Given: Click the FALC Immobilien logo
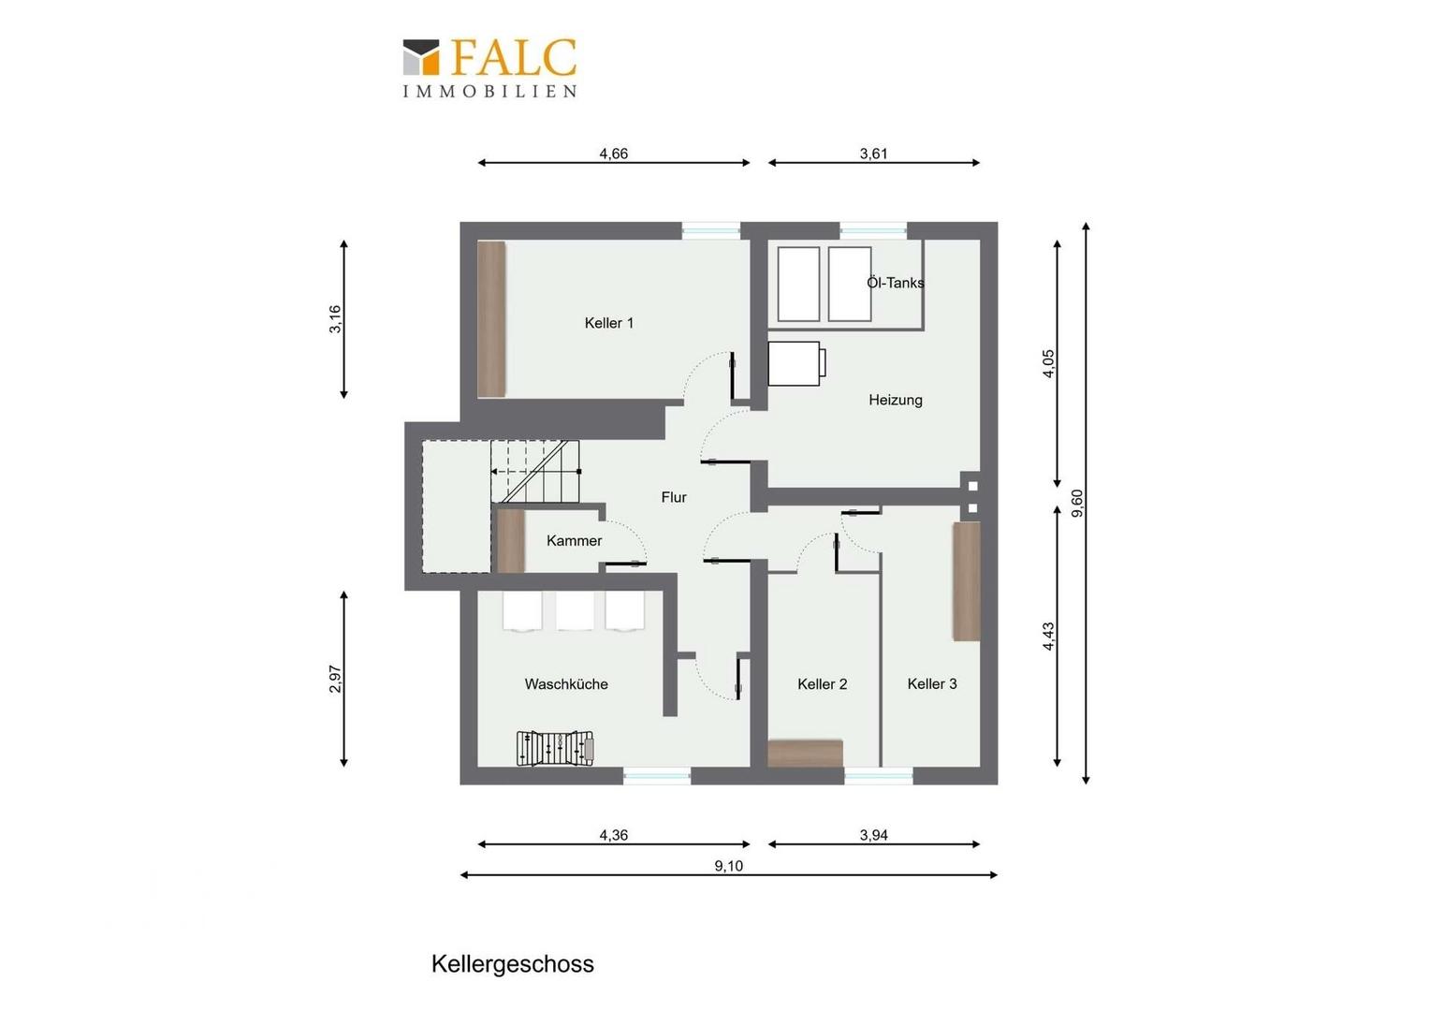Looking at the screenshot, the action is [489, 68].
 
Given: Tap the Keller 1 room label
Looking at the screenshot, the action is [609, 323].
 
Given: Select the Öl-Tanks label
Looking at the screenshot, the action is [895, 283].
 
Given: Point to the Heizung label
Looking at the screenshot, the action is [895, 400].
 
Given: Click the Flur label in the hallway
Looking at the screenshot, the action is [674, 497].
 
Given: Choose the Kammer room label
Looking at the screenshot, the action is [574, 541].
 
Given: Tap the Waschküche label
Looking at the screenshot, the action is [566, 684].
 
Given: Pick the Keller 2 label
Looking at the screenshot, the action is [823, 684].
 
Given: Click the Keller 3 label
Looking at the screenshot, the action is [932, 684].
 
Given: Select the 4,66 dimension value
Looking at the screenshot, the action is [614, 154].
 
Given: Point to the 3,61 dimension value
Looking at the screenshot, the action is [873, 154].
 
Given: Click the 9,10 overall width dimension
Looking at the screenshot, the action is [728, 866].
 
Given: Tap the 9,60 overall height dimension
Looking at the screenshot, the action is [1077, 504].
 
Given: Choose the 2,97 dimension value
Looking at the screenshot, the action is [335, 679].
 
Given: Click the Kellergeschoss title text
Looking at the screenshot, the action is [513, 964].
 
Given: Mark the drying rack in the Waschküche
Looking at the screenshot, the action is [555, 748].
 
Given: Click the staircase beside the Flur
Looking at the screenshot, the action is [535, 471].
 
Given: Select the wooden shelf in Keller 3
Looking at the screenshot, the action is [967, 581].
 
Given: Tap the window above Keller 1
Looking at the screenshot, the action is [711, 230].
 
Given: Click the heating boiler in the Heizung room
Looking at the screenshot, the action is [796, 363].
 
